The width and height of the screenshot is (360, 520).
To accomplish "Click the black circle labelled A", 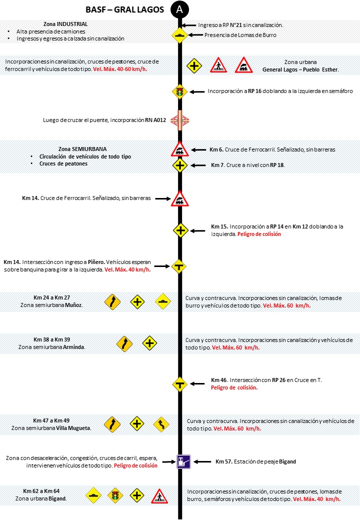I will tap(179, 9).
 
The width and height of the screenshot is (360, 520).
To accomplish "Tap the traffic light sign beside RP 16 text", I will tap(179, 91).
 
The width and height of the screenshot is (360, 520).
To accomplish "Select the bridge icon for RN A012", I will tap(179, 120).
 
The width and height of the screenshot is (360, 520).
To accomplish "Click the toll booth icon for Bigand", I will tap(183, 461).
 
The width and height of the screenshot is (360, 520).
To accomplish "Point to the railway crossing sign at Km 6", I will tap(179, 149).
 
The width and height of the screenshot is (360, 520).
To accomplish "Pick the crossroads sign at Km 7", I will tap(180, 165).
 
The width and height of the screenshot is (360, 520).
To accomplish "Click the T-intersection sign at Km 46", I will tap(179, 384).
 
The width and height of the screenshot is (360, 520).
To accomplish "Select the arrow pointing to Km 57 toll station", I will tap(202, 461).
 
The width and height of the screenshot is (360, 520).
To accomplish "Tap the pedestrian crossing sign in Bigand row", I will tap(159, 496).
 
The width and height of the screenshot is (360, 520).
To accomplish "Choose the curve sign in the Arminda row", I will tap(124, 343).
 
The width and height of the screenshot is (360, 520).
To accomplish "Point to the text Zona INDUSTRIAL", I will tap(65, 24).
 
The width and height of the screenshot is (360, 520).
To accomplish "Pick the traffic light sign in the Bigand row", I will tap(115, 496).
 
